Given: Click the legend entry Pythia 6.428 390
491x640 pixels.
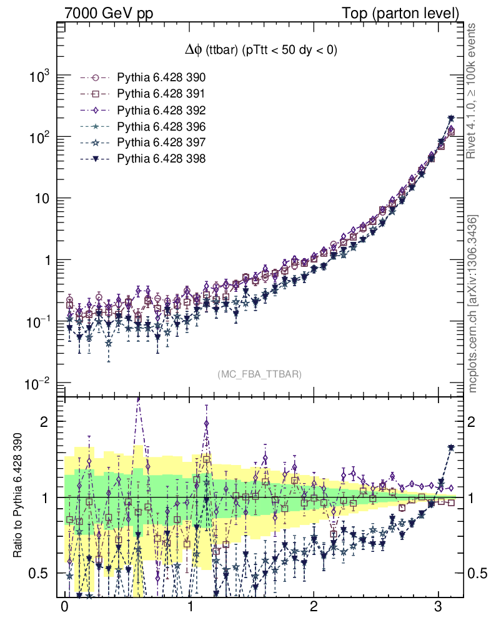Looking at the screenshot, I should coord(161,78).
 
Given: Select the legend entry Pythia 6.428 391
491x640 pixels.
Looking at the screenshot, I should coord(161,94).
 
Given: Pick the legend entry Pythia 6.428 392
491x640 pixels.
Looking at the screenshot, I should coord(161,111).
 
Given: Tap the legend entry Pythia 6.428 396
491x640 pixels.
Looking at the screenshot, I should coord(161,127).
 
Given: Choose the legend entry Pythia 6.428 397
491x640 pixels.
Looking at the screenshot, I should coord(161,143).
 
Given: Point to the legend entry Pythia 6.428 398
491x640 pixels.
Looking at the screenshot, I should coord(161,159).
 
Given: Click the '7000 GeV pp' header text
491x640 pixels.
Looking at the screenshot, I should coord(109,13).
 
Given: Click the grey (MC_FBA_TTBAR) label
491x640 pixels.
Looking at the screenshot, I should coord(260,374).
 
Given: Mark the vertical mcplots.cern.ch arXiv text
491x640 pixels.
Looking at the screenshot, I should coord(474,304).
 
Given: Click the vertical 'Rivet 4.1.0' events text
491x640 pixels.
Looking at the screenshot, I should coord(474,92).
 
